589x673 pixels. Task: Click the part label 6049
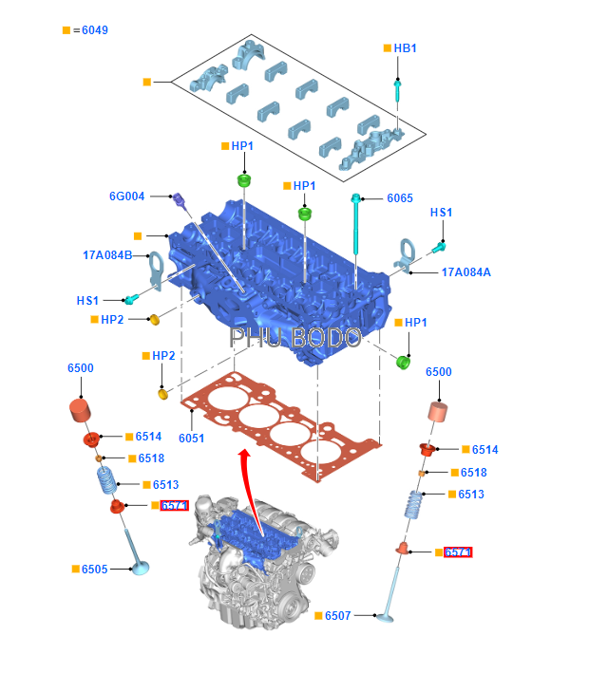click(94, 30)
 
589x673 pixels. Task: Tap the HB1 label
click(405, 47)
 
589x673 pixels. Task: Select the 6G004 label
click(127, 196)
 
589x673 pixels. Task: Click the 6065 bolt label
click(399, 198)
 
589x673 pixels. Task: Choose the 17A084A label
click(465, 272)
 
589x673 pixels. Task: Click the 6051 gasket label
click(192, 438)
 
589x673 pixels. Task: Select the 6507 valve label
click(337, 616)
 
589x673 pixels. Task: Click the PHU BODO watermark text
click(295, 338)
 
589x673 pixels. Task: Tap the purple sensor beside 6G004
click(179, 202)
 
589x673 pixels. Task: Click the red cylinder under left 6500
click(81, 415)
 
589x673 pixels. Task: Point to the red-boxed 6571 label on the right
click(459, 552)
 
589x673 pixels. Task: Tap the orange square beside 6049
click(66, 30)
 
